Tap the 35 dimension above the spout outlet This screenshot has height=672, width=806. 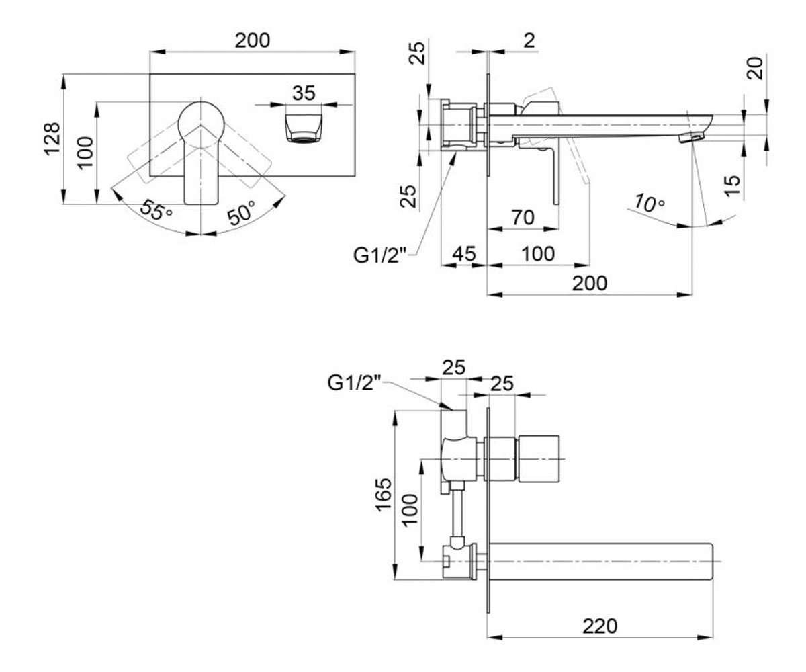(304, 93)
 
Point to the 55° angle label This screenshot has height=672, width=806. (156, 210)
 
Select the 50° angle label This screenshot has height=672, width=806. (242, 212)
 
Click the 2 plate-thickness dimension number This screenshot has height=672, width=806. (530, 40)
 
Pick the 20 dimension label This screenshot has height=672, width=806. (755, 69)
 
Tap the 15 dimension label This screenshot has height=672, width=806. (732, 185)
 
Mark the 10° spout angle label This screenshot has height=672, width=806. (650, 203)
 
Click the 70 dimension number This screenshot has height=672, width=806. (523, 218)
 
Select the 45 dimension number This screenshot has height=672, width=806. (464, 254)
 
